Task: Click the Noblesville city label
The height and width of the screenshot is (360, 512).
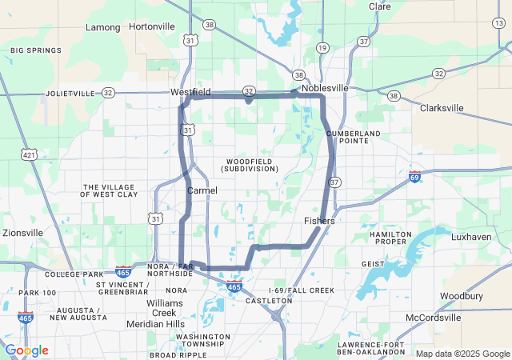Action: pyautogui.click(x=325, y=87)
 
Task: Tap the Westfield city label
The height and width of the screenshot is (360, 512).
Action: pyautogui.click(x=190, y=92)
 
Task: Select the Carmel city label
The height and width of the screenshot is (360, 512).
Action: pyautogui.click(x=202, y=190)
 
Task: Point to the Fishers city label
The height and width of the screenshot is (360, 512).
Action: pyautogui.click(x=319, y=221)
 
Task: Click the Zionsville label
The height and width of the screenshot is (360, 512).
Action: pyautogui.click(x=22, y=233)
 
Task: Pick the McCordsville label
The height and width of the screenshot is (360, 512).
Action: pyautogui.click(x=434, y=318)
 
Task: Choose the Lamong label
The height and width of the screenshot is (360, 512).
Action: pyautogui.click(x=103, y=27)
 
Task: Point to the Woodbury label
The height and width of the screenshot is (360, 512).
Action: pyautogui.click(x=462, y=296)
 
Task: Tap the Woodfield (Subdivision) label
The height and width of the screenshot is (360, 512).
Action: pyautogui.click(x=252, y=165)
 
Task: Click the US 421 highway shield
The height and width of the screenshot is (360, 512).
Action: pyautogui.click(x=30, y=154)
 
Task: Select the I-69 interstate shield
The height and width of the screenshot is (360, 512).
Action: pyautogui.click(x=414, y=176)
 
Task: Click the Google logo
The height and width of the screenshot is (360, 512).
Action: pyautogui.click(x=26, y=350)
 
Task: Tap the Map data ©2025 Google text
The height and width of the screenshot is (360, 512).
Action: pyautogui.click(x=462, y=354)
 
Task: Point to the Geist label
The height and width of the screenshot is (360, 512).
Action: pyautogui.click(x=373, y=263)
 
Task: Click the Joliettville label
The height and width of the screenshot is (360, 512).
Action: pyautogui.click(x=70, y=93)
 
